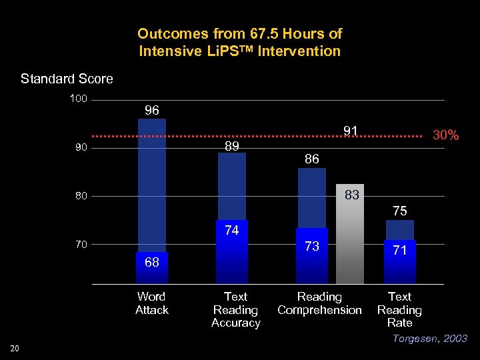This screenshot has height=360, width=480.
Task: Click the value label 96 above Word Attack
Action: pos(152,111)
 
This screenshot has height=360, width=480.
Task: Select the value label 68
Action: pos(152,262)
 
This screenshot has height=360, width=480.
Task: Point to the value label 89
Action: pos(232,146)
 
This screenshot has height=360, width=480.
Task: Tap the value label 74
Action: pos(232,231)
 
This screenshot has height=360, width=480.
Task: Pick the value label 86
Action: pos(312,159)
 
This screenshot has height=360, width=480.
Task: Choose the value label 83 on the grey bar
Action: pos(353,195)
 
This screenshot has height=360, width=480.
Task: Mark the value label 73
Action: pos(312,247)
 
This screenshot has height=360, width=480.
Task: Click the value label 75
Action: pos(400,211)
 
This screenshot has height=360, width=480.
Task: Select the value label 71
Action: pos(400,251)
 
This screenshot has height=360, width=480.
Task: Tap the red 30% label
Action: pos(446,135)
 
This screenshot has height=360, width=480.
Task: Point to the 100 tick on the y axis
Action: pos(79,100)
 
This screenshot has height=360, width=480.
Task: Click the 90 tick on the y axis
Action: pos(81,148)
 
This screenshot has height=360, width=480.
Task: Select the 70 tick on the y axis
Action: pos(81,245)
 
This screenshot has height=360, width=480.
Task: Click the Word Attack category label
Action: pos(152,303)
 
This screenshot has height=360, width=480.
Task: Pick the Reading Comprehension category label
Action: pos(319,303)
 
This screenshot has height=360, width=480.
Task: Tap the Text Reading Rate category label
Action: pos(399,309)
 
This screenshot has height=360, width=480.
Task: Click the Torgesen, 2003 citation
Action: pos(429,339)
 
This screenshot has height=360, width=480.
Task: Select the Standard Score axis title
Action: pos(67,79)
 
